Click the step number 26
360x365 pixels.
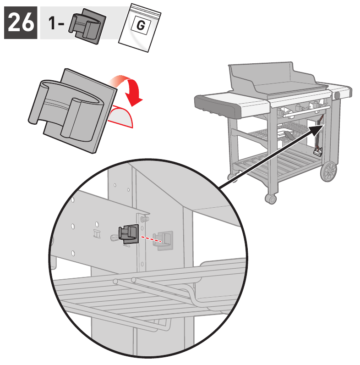(21, 22)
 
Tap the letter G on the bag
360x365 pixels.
(141, 25)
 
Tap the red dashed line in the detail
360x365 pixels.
(151, 239)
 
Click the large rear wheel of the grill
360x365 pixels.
(328, 171)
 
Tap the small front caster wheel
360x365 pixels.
(271, 199)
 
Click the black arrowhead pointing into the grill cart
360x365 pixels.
(317, 130)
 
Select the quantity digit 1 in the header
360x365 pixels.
(52, 23)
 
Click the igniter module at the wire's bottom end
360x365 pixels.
(318, 150)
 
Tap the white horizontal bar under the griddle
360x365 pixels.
(306, 111)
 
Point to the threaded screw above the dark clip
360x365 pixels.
(144, 219)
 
